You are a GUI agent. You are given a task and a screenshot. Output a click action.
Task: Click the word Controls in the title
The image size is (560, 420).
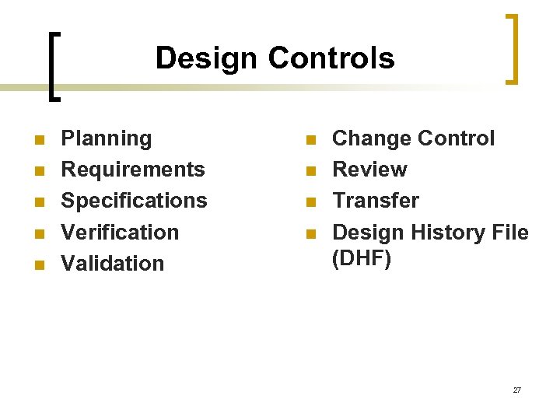click(331, 58)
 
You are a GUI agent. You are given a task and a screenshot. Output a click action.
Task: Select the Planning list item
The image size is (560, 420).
click(107, 138)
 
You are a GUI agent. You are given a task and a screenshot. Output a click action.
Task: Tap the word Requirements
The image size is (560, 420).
click(133, 170)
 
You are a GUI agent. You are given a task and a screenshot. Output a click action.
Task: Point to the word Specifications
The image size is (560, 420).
click(135, 201)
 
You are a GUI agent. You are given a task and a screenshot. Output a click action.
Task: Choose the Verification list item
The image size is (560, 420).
click(120, 232)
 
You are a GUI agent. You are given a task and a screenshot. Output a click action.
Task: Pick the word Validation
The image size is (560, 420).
click(113, 263)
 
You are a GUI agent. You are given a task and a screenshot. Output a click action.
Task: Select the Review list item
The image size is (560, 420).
click(369, 170)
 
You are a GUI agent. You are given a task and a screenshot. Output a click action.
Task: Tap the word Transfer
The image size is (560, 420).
click(376, 201)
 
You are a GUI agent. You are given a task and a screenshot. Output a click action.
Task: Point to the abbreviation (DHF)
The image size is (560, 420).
click(362, 258)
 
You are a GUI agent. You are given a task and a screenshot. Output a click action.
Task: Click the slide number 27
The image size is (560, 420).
click(517, 390)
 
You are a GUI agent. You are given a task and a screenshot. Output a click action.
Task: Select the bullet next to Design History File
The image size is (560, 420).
click(310, 234)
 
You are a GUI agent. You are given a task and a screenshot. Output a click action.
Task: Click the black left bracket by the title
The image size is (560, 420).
click(51, 66)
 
